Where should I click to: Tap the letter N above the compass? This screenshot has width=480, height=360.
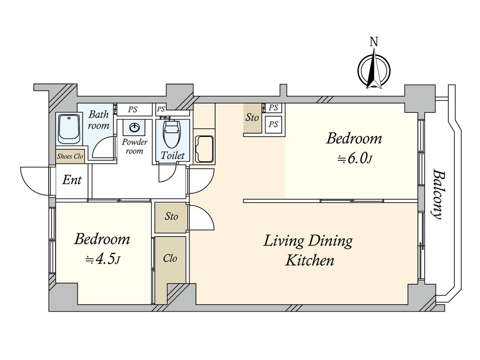pyautogui.click(x=374, y=42)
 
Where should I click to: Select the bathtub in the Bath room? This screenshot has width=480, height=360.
pyautogui.click(x=69, y=129)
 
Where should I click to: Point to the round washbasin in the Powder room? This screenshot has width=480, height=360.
pyautogui.click(x=134, y=127)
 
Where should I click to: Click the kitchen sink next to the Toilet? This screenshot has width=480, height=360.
pyautogui.click(x=204, y=149)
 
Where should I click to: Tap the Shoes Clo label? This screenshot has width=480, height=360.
pyautogui.click(x=70, y=156)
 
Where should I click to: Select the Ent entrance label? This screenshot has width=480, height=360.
pyautogui.click(x=72, y=180)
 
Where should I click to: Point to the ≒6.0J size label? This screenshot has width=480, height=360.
pyautogui.click(x=354, y=159)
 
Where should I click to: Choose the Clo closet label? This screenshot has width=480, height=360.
pyautogui.click(x=170, y=258)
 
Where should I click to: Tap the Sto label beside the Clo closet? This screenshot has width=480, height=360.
pyautogui.click(x=171, y=216)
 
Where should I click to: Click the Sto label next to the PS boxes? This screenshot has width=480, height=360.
pyautogui.click(x=252, y=118)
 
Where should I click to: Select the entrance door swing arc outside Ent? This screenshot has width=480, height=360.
pyautogui.click(x=35, y=181)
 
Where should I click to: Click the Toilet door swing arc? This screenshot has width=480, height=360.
pyautogui.click(x=168, y=173)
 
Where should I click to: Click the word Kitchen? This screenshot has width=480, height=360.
pyautogui.click(x=310, y=261)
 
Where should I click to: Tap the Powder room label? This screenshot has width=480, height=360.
pyautogui.click(x=134, y=146)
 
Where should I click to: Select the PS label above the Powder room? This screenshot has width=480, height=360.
pyautogui.click(x=133, y=110)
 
